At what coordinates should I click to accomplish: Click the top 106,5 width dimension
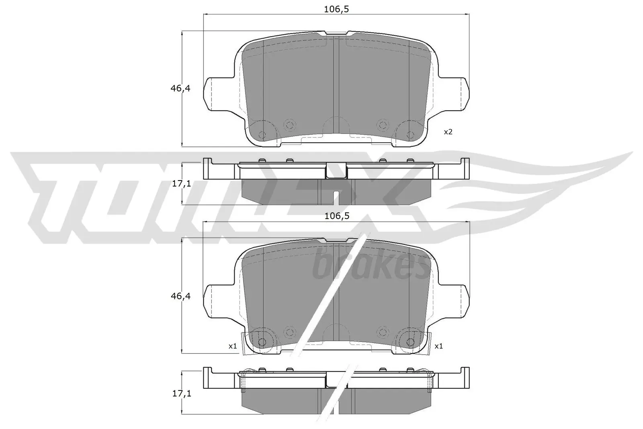click(336, 9)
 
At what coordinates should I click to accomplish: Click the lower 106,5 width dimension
click(336, 216)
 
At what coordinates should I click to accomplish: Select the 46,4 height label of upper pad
click(180, 88)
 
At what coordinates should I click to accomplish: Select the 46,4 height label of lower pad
click(180, 296)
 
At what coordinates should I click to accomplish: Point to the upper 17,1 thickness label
click(181, 184)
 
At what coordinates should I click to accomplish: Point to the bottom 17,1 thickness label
click(181, 393)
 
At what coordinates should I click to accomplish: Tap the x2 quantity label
click(448, 132)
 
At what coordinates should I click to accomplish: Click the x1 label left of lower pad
click(233, 346)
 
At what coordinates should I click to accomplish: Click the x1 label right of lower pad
click(438, 346)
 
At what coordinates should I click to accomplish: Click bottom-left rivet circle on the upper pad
click(262, 135)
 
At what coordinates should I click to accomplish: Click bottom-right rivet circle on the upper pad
click(410, 135)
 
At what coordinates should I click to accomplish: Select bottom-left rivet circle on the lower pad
click(262, 342)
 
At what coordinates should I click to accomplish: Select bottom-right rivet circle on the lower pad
click(410, 342)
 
